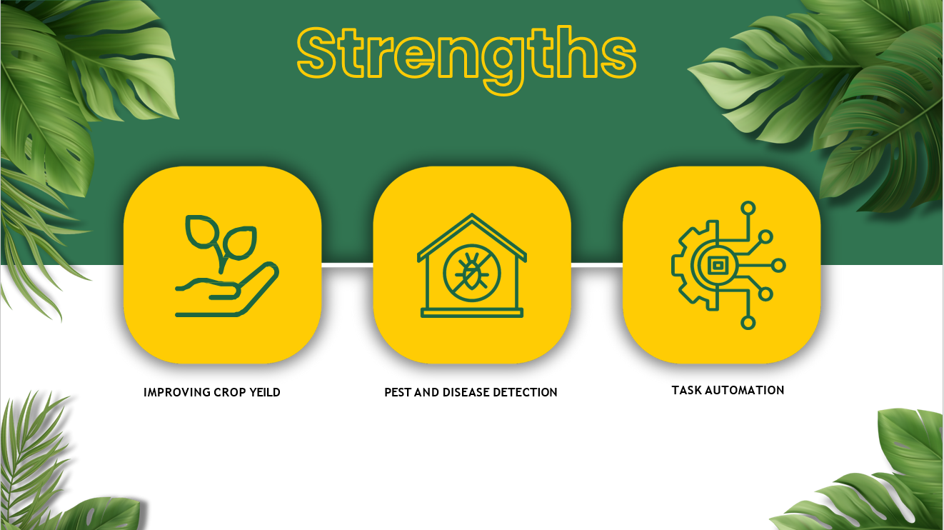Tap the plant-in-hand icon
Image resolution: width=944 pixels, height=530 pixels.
[227, 266]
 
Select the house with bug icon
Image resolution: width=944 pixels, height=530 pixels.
[472, 265]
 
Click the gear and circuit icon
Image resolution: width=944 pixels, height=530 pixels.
[728, 265]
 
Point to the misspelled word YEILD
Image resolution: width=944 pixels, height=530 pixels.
[265, 393]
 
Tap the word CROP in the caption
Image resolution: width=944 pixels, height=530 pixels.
[230, 393]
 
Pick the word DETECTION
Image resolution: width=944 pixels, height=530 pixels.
[525, 393]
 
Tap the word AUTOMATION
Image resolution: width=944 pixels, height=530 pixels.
[745, 391]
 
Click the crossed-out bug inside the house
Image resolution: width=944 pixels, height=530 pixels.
[472, 274]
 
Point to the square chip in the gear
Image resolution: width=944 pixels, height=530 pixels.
[717, 266]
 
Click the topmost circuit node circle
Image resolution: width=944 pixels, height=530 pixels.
[748, 208]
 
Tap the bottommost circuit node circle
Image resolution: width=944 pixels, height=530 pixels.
[748, 323]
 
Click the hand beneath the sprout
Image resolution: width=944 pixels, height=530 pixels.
[227, 291]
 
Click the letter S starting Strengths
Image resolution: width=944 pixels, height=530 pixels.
[316, 53]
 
